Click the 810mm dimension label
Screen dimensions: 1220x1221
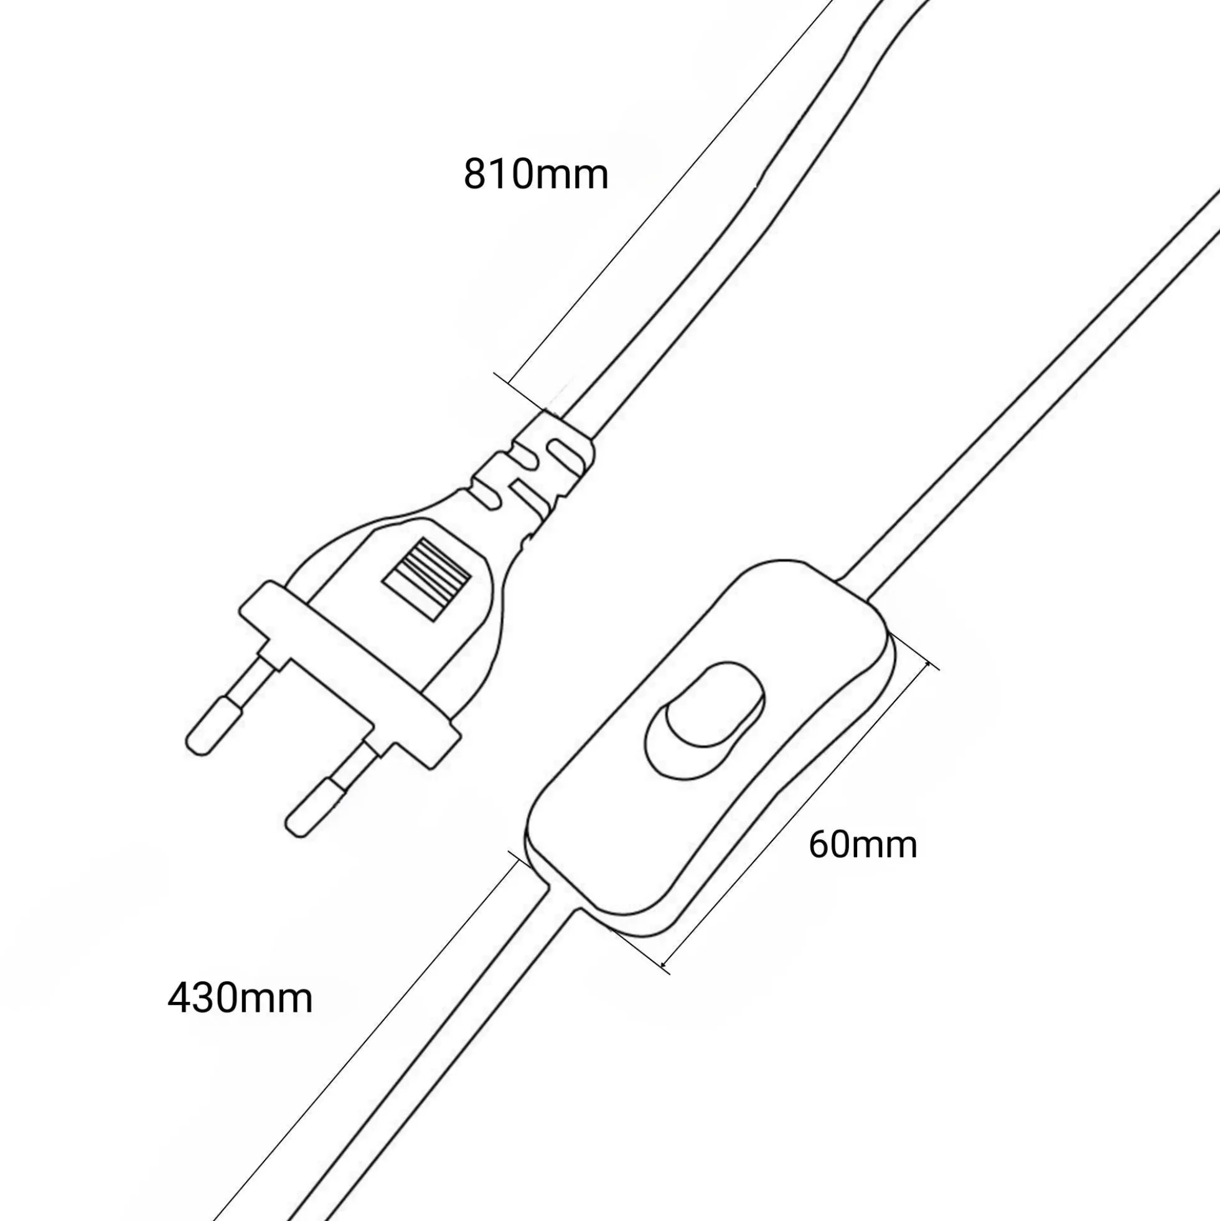tap(536, 174)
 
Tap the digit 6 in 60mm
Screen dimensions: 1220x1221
tap(820, 844)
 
